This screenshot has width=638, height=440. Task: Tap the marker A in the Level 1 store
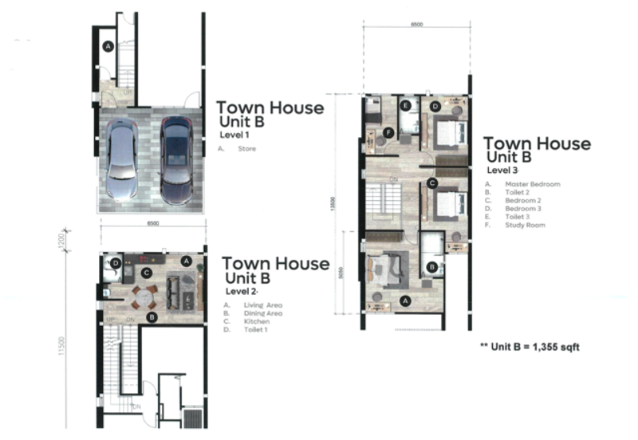(108, 47)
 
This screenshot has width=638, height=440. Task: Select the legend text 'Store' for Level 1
(246, 148)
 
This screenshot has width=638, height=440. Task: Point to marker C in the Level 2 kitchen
(146, 273)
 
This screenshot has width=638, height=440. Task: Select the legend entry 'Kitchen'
(251, 321)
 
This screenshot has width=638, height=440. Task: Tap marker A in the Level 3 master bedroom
(405, 301)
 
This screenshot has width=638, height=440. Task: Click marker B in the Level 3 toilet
(431, 267)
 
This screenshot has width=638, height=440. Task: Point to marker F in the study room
(388, 132)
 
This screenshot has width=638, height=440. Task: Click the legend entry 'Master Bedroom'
(532, 184)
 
